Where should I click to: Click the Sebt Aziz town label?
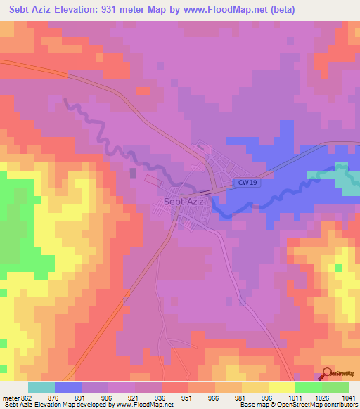[183, 202]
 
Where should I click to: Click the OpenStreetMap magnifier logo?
[327, 374]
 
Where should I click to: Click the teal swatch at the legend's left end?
[41, 387]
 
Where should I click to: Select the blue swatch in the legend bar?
[68, 387]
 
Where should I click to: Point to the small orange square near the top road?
[143, 91]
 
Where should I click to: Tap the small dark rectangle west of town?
[133, 173]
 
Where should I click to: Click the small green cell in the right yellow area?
[338, 268]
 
